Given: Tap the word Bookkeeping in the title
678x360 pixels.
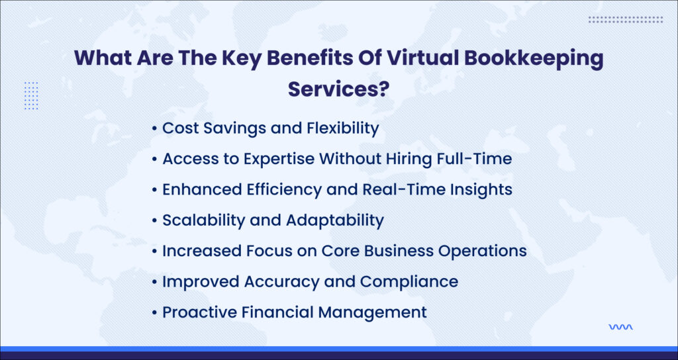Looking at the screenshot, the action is pyautogui.click(x=534, y=60).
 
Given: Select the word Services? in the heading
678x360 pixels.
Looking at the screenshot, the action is pyautogui.click(x=339, y=89).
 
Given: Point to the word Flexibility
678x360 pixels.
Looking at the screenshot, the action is pyautogui.click(x=342, y=128).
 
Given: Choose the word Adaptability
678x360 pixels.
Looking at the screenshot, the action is pyautogui.click(x=335, y=221).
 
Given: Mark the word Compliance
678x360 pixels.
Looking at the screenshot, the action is pyautogui.click(x=409, y=282).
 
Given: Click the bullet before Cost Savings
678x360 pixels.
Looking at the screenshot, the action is pyautogui.click(x=154, y=129).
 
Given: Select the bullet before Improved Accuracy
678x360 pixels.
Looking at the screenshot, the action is pyautogui.click(x=154, y=283).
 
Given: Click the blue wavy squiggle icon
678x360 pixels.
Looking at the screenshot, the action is pyautogui.click(x=620, y=327).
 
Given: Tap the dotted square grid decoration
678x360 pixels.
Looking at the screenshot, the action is pyautogui.click(x=31, y=95).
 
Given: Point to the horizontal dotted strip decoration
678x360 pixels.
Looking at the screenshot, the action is pyautogui.click(x=625, y=19).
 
